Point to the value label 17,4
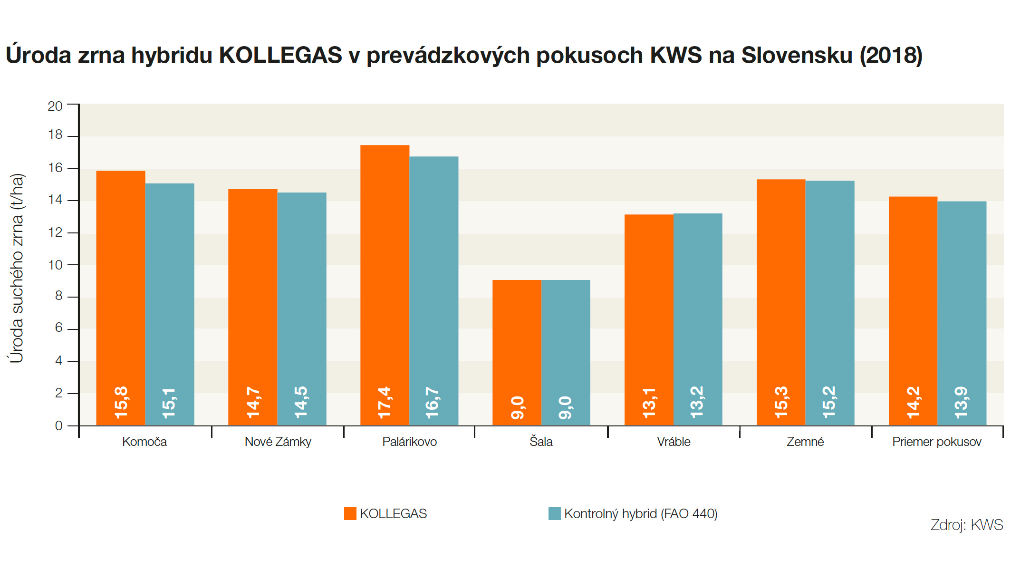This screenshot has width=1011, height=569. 385,403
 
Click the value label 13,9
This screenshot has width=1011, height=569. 961,403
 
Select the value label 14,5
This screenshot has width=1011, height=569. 301,403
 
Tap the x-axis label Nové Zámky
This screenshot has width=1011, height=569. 278,442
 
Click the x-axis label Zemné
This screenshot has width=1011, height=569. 805,442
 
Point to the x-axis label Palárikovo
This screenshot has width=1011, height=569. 409,442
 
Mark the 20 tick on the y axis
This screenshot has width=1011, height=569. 55,106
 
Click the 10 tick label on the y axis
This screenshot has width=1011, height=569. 55,265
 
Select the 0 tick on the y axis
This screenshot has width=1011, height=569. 58,425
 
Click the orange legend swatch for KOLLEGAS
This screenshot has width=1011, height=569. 350,513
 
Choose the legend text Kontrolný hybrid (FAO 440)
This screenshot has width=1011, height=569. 640,513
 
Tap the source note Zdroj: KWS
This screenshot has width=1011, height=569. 966,524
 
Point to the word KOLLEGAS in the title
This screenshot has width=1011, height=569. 280,55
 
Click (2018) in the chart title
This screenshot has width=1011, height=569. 891,55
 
